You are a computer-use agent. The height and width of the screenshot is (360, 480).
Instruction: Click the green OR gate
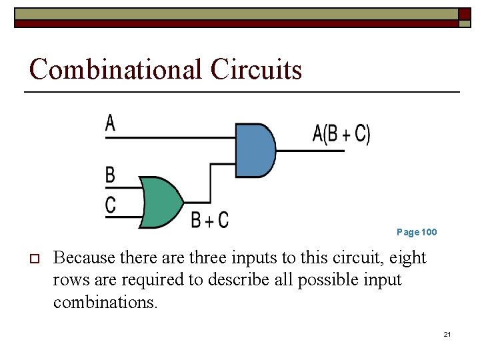160,202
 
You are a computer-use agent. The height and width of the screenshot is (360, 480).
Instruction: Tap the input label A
111,123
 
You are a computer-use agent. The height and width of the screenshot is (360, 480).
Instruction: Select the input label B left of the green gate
111,175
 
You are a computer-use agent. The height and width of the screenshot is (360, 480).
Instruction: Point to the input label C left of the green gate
111,204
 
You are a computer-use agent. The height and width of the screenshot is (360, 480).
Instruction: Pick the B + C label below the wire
209,219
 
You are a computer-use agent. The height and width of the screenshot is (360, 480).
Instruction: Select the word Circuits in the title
256,69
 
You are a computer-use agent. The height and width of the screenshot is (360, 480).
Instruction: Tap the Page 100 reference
417,232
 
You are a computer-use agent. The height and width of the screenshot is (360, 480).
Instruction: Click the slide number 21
447,333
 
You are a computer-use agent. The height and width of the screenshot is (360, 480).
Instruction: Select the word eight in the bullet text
406,257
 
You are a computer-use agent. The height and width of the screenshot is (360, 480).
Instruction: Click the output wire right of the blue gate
310,151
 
